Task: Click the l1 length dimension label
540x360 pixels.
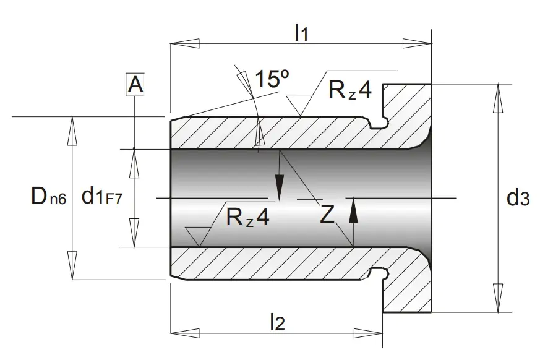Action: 301,33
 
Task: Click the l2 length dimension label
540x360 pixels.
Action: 278,322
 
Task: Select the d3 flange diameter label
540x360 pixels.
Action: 518,198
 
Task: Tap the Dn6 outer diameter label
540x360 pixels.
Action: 48,196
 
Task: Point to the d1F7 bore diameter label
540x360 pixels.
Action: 102,196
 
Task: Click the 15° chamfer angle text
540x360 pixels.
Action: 272,79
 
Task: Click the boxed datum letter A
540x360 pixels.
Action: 135,84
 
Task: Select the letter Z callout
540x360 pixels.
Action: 327,214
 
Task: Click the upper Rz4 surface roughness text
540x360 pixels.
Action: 350,90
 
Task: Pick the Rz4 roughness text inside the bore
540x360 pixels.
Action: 247,217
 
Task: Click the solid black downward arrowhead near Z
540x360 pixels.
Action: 280,187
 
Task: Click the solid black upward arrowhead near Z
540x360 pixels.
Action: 353,213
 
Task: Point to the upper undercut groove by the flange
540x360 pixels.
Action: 379,123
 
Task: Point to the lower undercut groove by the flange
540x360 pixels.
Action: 379,273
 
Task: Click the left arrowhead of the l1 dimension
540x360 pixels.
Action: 185,44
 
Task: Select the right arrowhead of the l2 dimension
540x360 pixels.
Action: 368,333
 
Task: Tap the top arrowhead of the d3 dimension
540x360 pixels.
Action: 498,98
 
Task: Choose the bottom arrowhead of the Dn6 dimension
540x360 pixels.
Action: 72,265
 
